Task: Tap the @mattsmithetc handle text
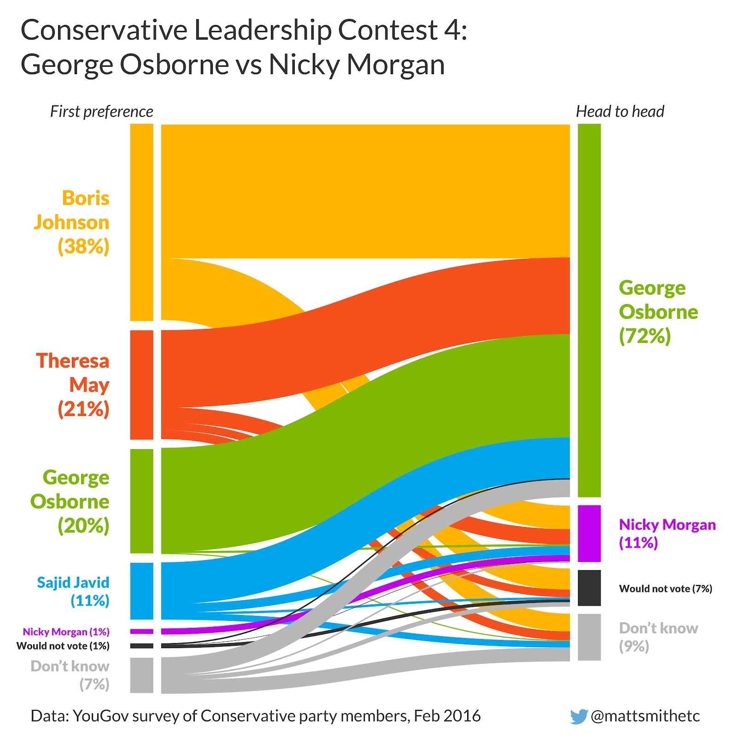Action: (645, 716)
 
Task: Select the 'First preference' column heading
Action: (101, 111)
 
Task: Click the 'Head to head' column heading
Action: (620, 111)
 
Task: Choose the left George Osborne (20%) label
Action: (71, 501)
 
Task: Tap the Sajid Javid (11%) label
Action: (74, 591)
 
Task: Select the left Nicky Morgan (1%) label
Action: (66, 632)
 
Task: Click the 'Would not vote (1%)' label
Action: (63, 646)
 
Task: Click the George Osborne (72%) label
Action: (658, 312)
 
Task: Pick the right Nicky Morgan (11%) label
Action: (667, 533)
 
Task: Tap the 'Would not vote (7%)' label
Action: (665, 588)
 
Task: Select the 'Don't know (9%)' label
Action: (658, 637)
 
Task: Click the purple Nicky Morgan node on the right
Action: (589, 533)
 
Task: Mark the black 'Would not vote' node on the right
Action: (589, 588)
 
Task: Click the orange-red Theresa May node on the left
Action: (142, 385)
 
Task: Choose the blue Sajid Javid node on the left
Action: (142, 591)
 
